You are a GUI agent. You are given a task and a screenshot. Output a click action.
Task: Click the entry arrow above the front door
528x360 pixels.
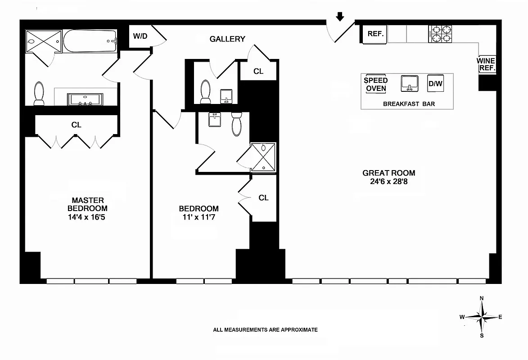[340, 17]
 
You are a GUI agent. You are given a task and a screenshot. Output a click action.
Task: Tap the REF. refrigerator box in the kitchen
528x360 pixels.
[375, 34]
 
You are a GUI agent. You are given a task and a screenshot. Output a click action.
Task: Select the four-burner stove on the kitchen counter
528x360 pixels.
[439, 34]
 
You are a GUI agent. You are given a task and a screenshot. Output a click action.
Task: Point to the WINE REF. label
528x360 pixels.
[487, 65]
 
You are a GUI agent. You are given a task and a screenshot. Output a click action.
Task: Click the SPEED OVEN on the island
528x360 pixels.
[376, 84]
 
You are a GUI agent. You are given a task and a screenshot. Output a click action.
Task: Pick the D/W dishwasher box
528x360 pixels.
[435, 83]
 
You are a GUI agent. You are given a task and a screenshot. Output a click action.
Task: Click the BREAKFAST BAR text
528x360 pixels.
[409, 104]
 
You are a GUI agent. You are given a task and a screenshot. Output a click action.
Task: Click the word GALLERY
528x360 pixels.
[227, 39]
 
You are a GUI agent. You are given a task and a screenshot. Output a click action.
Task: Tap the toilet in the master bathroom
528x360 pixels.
[39, 93]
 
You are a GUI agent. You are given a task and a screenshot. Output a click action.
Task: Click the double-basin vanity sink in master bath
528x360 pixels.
[85, 99]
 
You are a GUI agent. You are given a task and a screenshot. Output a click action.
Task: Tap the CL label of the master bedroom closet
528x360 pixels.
[76, 125]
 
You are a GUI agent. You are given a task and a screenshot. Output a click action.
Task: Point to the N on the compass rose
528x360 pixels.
[482, 298]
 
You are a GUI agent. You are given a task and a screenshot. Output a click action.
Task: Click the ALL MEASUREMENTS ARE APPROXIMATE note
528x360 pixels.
[265, 330]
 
